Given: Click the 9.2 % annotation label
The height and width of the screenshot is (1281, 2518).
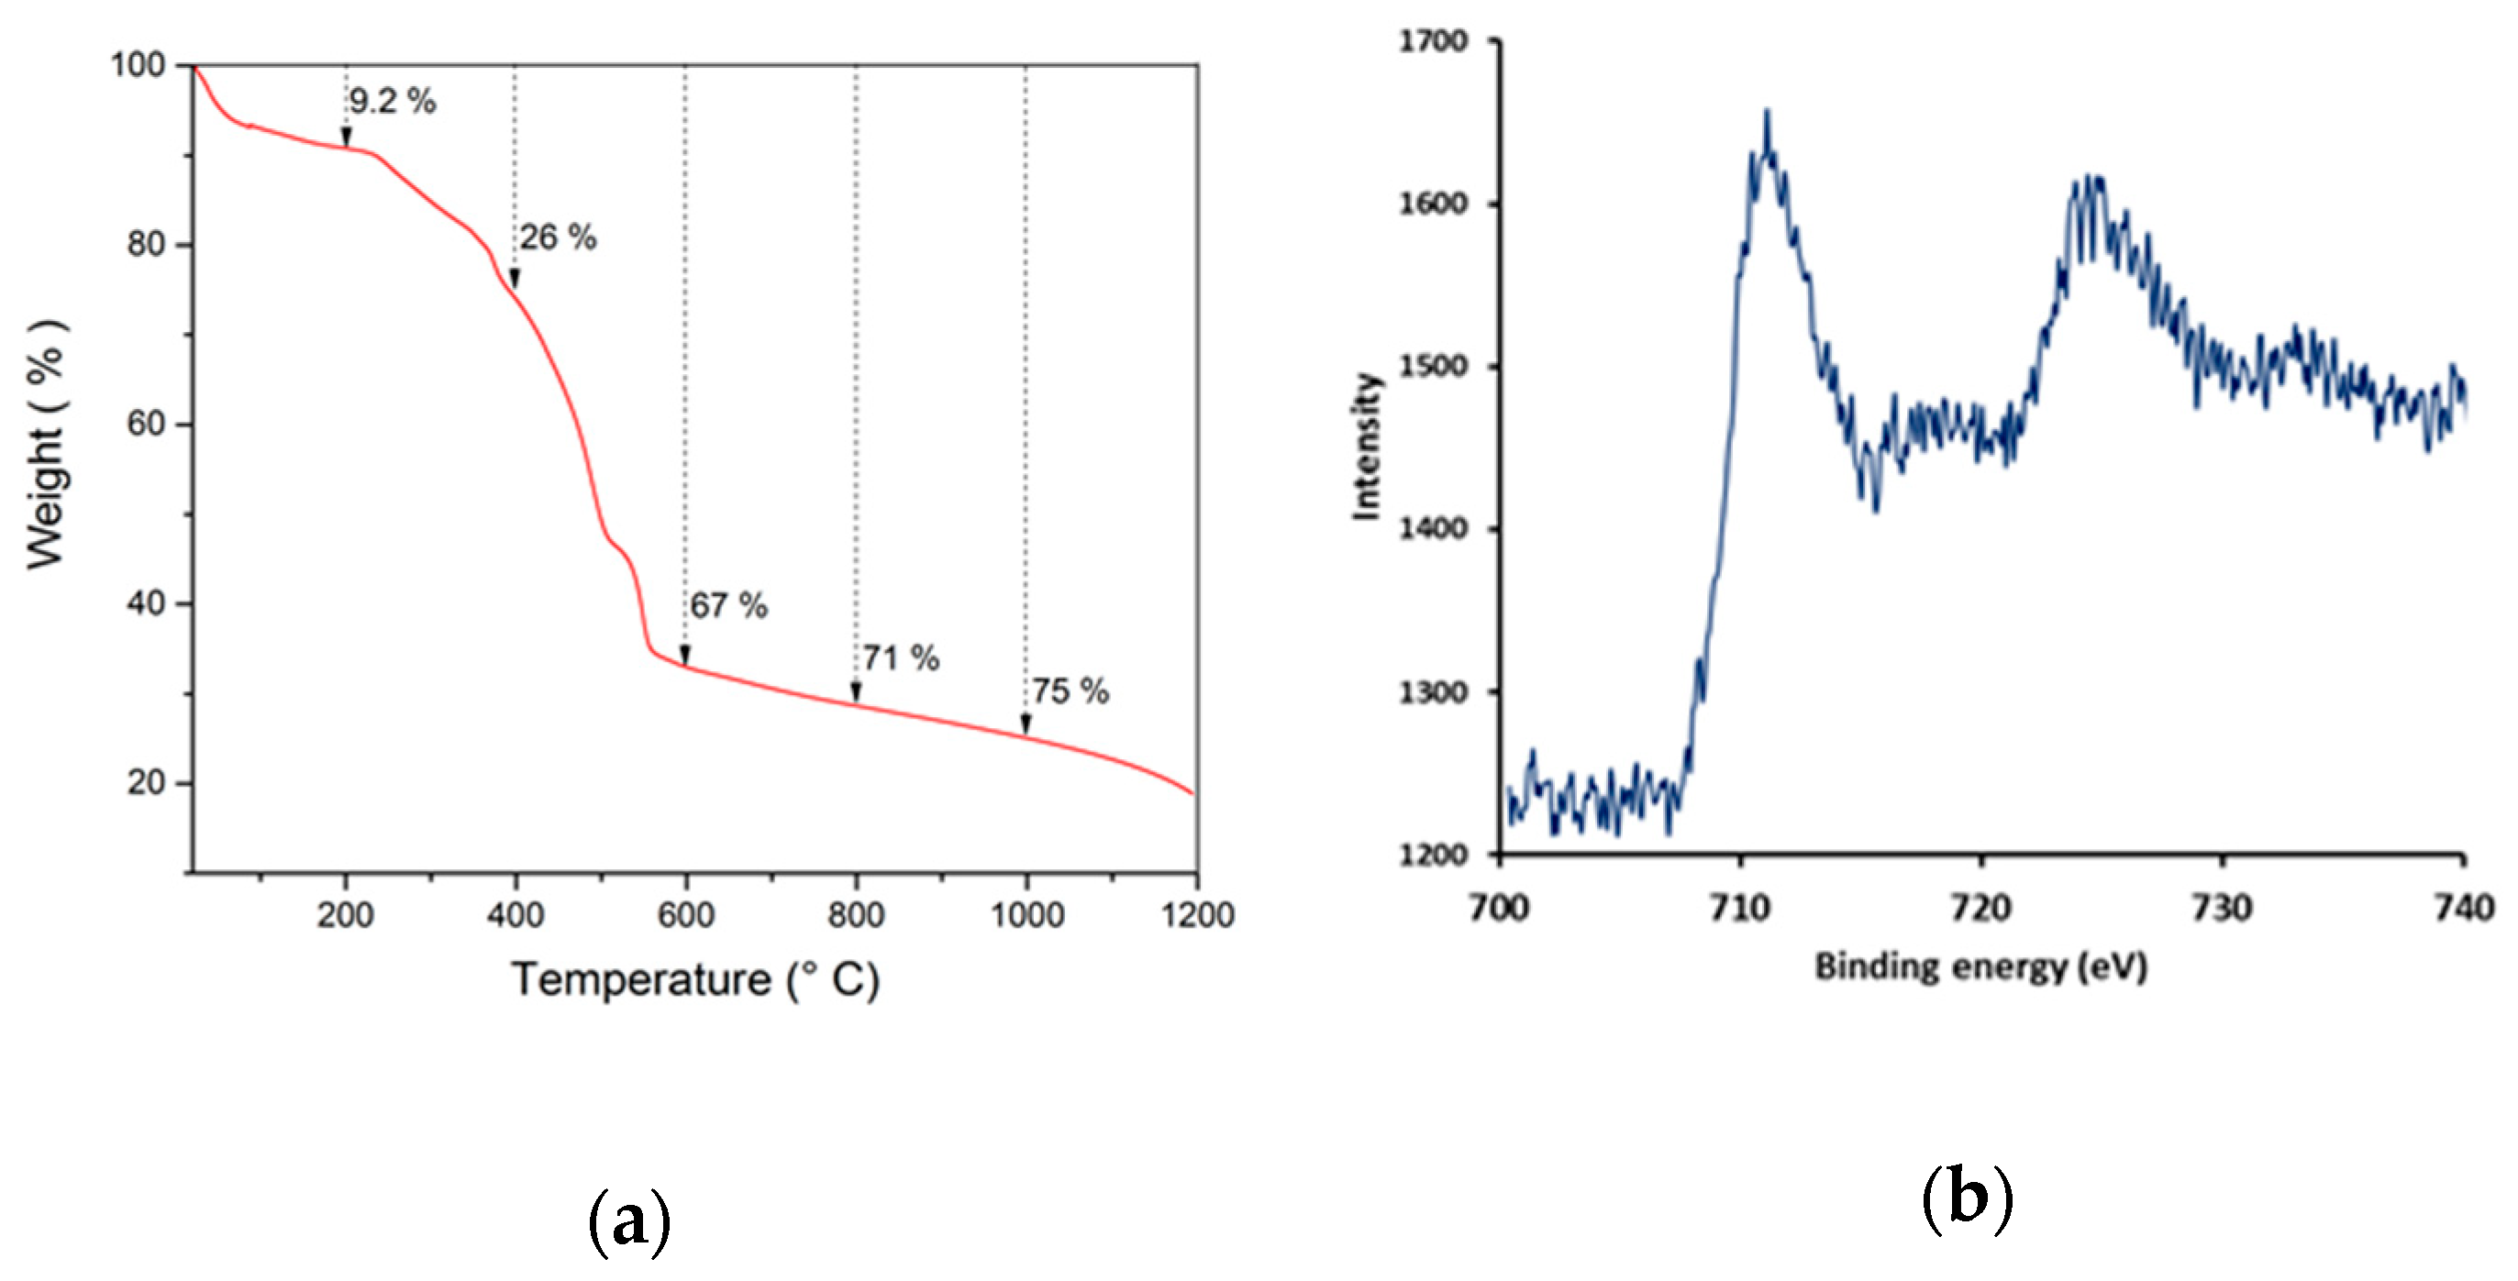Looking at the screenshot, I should (392, 101).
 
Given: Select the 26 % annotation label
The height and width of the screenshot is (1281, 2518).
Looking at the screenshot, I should (557, 237).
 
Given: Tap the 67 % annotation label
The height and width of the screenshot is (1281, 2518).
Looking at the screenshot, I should (728, 605).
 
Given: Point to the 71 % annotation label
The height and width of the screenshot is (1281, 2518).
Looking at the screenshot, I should (900, 657).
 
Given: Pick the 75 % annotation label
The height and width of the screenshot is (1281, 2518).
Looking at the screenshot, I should (1070, 690).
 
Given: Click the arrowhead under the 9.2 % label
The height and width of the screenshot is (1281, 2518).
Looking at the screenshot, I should (346, 137).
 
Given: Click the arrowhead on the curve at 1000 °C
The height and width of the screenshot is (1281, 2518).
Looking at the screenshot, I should (1026, 724).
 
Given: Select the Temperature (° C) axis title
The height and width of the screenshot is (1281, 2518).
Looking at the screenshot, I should (695, 978).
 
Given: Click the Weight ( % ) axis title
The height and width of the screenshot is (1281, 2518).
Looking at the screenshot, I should (45, 444).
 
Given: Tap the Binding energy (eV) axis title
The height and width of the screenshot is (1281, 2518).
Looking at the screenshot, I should (1980, 966).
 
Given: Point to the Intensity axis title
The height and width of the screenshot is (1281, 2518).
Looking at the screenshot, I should (1366, 446).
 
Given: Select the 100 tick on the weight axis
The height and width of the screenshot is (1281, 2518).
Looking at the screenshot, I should (138, 65).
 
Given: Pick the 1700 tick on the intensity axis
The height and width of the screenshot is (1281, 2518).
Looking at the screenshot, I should (1433, 41).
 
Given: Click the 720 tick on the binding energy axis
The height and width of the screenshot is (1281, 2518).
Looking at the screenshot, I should (1980, 908).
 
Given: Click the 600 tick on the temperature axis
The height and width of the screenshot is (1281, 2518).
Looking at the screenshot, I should (685, 914).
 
